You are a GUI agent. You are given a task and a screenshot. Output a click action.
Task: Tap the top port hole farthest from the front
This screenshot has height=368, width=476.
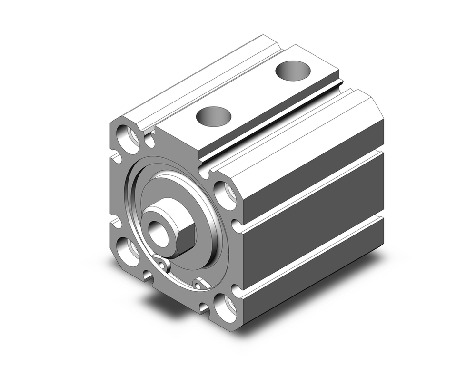click(293, 70)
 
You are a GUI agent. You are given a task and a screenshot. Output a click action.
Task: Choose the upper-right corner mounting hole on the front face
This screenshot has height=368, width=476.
click(225, 194)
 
